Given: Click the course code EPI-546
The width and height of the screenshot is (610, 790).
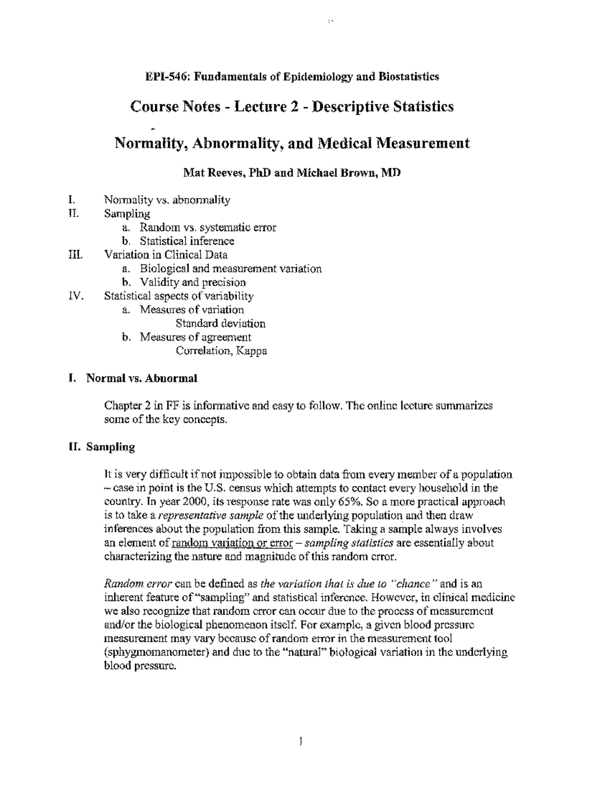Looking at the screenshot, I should [x=163, y=77].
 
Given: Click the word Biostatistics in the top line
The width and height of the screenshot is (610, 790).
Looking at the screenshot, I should [x=408, y=77].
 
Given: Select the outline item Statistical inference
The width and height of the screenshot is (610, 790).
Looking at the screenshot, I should [x=187, y=241].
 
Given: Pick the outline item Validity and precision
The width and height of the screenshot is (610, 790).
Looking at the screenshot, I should [x=193, y=282].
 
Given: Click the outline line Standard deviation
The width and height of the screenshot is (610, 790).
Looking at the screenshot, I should [x=221, y=324].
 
